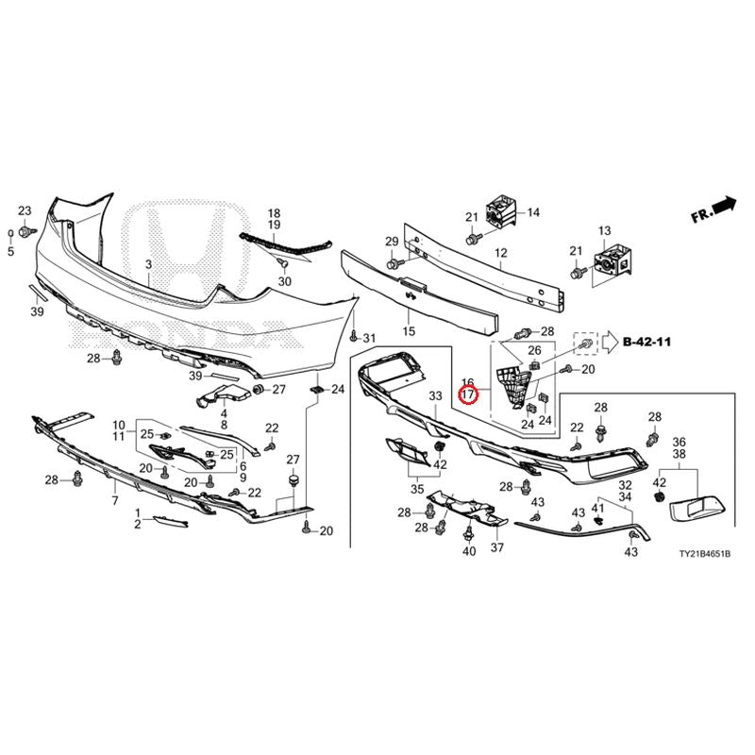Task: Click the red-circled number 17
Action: click(x=468, y=394)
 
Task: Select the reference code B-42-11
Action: click(x=646, y=342)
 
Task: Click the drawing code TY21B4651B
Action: click(x=705, y=554)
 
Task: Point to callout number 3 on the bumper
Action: click(x=149, y=264)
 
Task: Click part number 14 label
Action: click(x=533, y=212)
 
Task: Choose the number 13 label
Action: click(x=604, y=231)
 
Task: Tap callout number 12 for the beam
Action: click(x=501, y=252)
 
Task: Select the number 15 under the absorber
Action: click(x=409, y=331)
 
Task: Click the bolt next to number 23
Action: click(x=25, y=232)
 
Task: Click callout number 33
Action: click(x=435, y=396)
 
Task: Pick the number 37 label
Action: click(x=497, y=547)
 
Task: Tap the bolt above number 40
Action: click(x=468, y=533)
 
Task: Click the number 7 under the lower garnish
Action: click(x=114, y=501)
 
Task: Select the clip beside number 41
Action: click(x=598, y=521)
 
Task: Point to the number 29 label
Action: click(x=392, y=242)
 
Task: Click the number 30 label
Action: click(x=285, y=281)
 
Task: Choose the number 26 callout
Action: click(x=534, y=350)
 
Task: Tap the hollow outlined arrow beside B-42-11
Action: click(x=612, y=343)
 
